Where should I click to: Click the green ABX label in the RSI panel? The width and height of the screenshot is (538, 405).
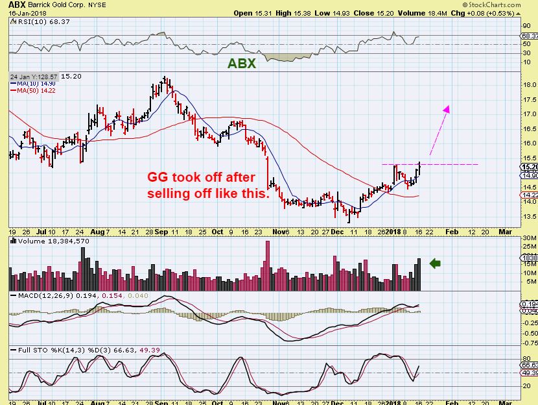click(242, 63)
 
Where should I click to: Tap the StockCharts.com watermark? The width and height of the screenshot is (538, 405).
click(508, 5)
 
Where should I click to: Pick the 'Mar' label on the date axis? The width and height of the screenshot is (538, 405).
click(504, 232)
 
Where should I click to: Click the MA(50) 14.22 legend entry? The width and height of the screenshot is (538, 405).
click(31, 92)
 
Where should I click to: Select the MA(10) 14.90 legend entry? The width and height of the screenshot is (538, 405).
click(31, 84)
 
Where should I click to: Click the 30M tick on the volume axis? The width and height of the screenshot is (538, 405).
click(528, 239)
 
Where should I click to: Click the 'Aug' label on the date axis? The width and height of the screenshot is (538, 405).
click(97, 232)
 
